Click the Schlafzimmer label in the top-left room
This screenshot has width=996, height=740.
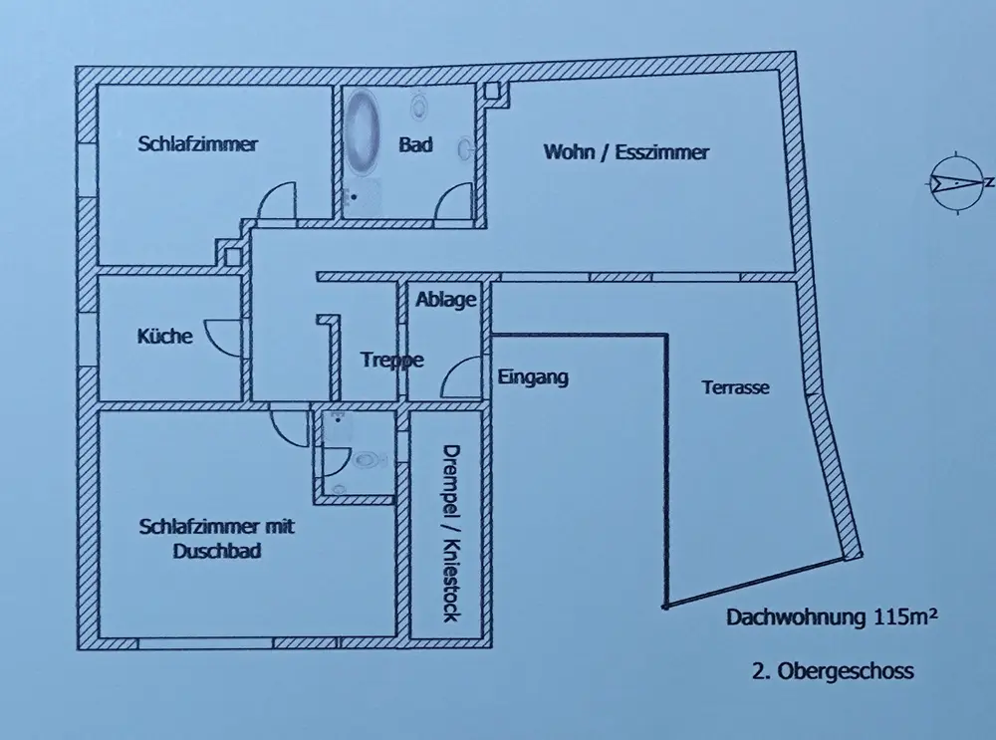197,144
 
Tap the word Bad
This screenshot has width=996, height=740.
415,145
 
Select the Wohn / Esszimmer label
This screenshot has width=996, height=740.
625,152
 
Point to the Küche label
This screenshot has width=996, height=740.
164,337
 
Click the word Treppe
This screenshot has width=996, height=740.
391,361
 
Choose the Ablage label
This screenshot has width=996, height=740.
447,300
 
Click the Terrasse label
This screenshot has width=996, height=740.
735,387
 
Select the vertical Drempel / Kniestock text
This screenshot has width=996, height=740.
447,532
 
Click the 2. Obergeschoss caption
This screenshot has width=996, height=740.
833,671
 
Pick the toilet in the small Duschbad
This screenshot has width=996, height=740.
367,460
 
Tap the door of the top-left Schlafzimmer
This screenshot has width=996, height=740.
274,202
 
